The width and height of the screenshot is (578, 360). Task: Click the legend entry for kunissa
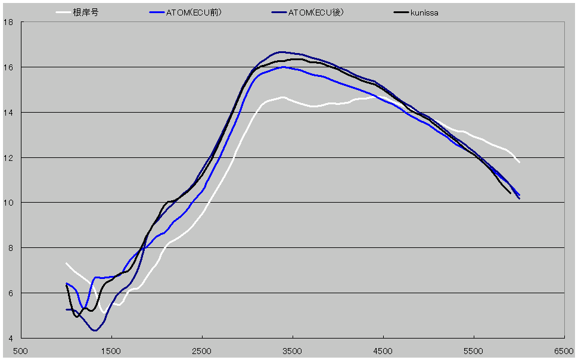click(x=424, y=13)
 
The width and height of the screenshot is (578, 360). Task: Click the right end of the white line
click(x=519, y=162)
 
